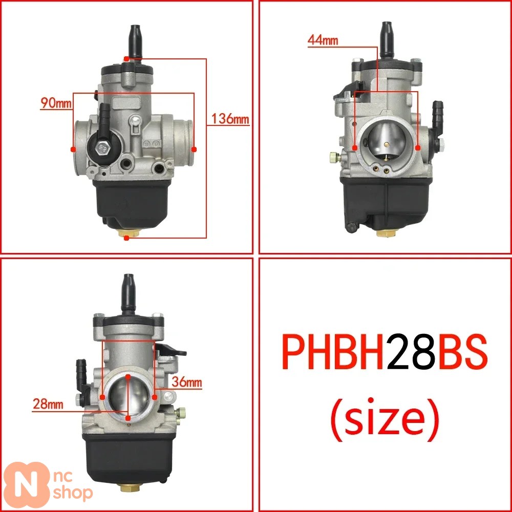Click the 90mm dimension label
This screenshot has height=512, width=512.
[x=56, y=103]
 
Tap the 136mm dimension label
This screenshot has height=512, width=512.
[x=230, y=119]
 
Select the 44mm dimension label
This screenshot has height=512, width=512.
[x=323, y=40]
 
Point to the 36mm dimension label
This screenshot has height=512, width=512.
[x=187, y=382]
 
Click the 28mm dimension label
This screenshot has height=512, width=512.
[x=48, y=404]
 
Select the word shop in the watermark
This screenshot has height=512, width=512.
[x=73, y=493]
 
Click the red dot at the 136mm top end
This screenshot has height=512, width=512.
[x=126, y=59]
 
